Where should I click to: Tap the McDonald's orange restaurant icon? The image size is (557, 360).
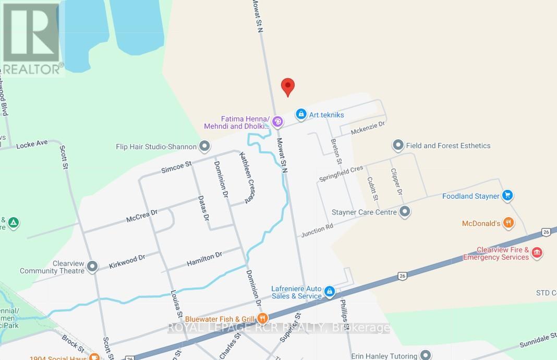509,223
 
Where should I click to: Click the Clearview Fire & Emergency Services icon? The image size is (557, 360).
537,254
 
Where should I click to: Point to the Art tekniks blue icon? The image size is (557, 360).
300,114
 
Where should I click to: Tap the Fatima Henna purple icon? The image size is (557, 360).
277,122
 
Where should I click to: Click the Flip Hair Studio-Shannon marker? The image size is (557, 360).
205,146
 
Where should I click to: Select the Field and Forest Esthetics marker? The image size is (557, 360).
398,145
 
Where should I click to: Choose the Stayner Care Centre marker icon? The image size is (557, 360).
405,212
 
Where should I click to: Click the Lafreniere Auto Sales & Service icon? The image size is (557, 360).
330,292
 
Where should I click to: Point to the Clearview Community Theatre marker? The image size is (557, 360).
92,267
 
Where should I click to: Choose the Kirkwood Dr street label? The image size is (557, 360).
126,261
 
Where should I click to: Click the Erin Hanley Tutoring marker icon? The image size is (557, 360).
426,355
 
